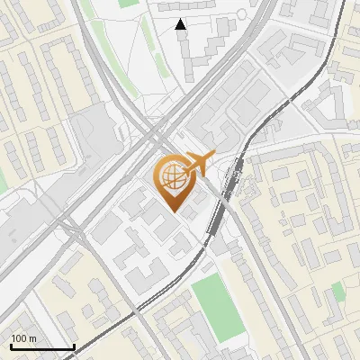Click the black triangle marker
181,25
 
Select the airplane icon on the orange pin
196,164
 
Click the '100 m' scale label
23,338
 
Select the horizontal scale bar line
41,346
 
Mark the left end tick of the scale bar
10,346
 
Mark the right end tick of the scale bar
74,346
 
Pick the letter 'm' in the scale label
32,338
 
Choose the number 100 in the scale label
19,338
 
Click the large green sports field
214,306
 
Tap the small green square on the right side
337,290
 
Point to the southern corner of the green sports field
221,340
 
